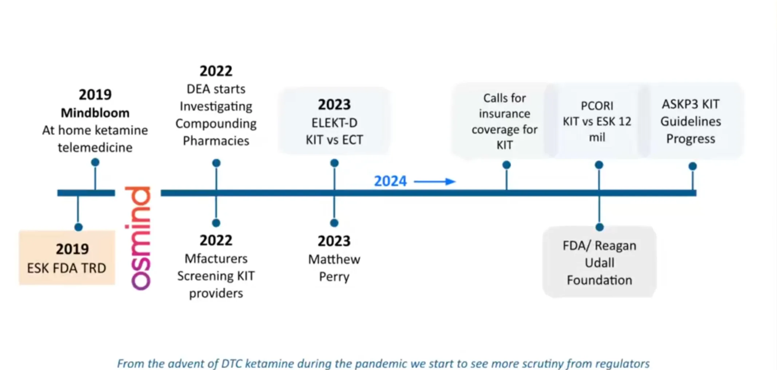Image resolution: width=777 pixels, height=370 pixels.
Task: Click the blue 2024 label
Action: point(390,181)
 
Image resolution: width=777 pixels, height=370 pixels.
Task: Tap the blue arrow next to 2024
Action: point(435,181)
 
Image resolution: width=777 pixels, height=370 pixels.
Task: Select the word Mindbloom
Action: point(95,113)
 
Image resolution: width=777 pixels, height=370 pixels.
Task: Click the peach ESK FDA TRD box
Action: point(67,257)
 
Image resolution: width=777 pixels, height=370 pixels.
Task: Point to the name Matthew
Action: point(334,259)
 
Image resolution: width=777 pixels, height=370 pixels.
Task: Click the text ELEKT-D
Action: point(334,123)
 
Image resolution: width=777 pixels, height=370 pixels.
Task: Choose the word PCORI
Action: point(597,106)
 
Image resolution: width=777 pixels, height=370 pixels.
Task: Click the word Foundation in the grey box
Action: point(599,280)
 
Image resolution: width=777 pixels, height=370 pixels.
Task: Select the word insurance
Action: point(505,114)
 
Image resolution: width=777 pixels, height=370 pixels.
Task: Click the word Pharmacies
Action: point(216,141)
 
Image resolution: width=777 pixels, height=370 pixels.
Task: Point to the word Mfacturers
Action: point(216,259)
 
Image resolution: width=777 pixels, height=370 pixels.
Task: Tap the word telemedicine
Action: point(95,147)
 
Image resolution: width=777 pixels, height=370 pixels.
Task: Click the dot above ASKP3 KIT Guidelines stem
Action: point(693,166)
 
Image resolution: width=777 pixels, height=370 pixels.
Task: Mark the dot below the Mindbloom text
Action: point(95,162)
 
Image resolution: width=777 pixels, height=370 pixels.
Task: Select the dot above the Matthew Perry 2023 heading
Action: point(334,223)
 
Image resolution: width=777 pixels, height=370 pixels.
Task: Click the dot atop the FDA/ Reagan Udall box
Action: point(599,227)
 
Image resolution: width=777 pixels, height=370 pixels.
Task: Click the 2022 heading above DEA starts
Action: point(216,71)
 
